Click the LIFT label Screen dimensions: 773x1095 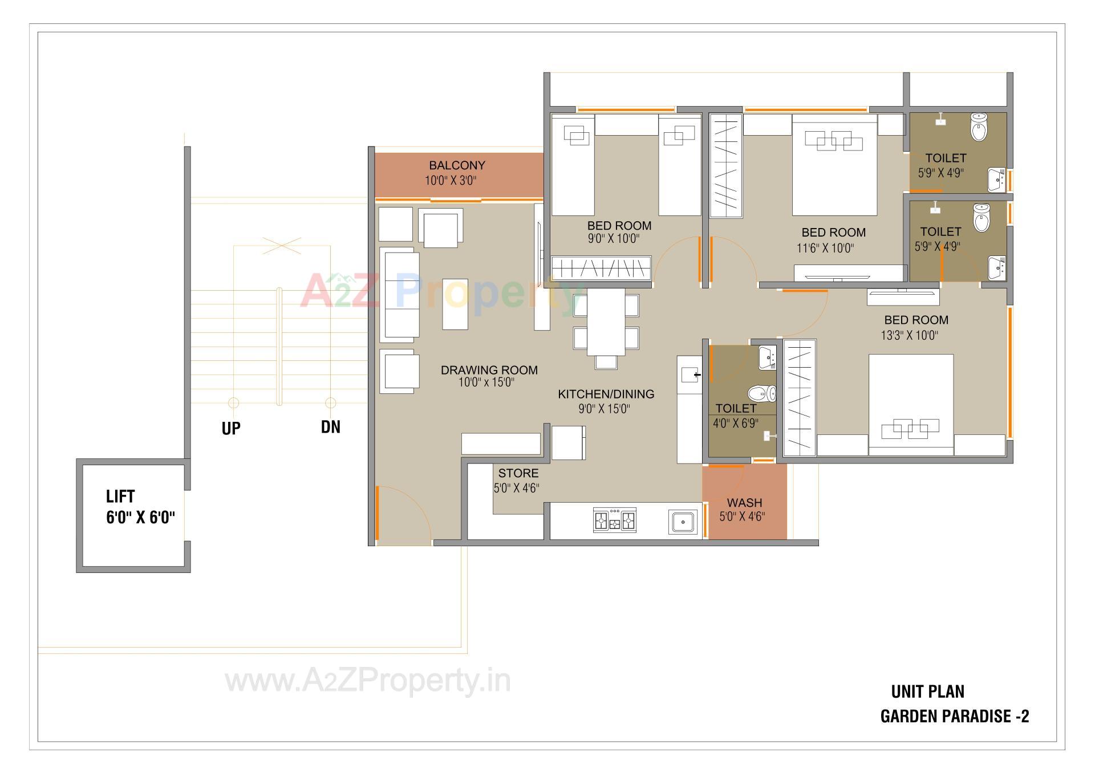point(120,497)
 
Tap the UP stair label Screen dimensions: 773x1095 point(231,429)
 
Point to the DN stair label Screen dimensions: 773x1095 point(331,427)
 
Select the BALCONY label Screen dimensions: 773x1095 point(457,165)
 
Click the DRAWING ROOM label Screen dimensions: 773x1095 point(489,370)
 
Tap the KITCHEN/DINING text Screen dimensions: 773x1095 point(606,394)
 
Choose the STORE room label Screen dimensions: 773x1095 point(518,473)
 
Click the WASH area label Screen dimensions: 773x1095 point(744,503)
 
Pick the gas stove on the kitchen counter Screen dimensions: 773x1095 point(614,520)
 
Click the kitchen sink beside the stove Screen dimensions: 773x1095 point(683,522)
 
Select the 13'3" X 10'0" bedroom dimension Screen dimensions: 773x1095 point(909,335)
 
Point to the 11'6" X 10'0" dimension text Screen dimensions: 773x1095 point(825,248)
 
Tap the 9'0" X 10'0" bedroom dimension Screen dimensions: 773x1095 point(614,239)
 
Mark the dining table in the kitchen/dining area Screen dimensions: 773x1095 point(606,322)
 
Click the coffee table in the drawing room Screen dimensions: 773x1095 point(455,304)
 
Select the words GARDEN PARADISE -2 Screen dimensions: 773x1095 point(955,717)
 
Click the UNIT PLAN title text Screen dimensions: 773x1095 point(927,692)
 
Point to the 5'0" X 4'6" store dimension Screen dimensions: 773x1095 point(516,488)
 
